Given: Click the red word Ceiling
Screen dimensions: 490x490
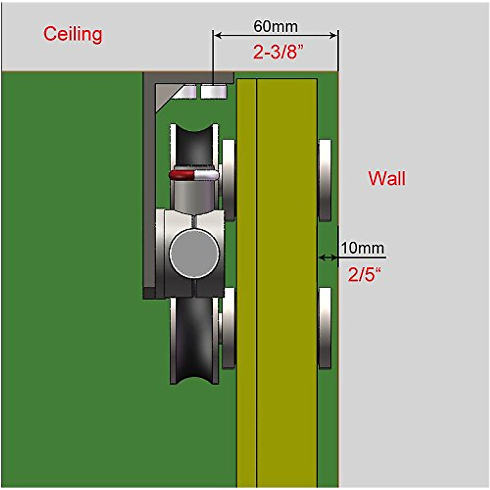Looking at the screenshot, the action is (x=73, y=34).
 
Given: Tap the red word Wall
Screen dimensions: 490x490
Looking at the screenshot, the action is (x=387, y=179).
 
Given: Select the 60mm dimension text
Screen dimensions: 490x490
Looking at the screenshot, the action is (x=276, y=27).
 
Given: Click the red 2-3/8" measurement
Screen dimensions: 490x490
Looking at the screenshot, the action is (x=278, y=52).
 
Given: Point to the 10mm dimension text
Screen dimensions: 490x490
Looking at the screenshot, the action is (x=362, y=248).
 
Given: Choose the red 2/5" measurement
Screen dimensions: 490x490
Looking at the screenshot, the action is (x=364, y=275).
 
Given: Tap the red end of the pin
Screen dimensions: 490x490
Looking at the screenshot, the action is (x=181, y=176).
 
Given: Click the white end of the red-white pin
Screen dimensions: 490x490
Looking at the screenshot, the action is (x=206, y=176).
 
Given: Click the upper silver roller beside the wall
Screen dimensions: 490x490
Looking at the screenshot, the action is (x=325, y=180).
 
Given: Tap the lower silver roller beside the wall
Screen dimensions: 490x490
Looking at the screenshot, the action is (x=325, y=328).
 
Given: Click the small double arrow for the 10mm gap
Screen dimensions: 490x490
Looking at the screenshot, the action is (x=328, y=257).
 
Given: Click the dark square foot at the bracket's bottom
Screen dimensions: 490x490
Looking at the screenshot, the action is (x=149, y=293).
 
